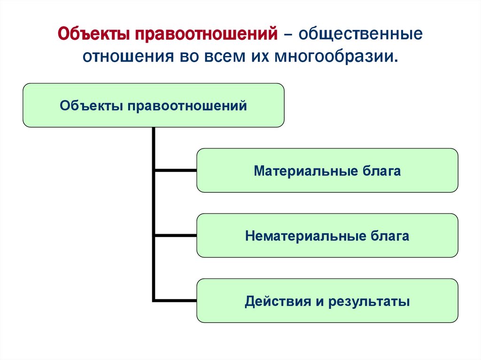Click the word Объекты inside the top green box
pos(89,106)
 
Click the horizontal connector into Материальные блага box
pos(176,170)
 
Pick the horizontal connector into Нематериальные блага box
pos(176,235)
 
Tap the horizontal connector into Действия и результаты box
pos(176,300)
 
